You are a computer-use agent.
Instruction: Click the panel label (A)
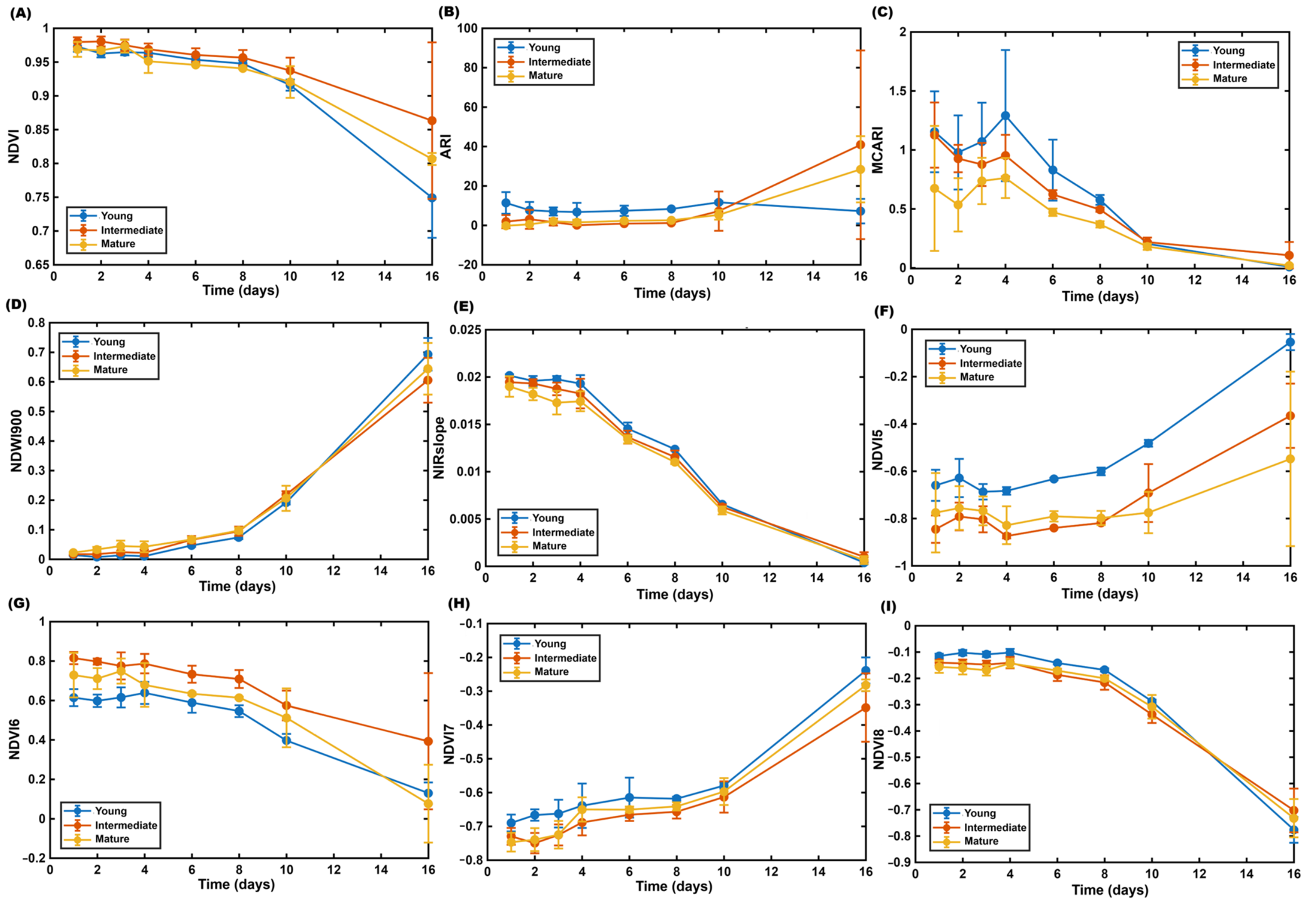click(x=20, y=13)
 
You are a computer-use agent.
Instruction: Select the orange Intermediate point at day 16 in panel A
click(x=431, y=120)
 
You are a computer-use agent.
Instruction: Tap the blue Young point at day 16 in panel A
click(x=431, y=198)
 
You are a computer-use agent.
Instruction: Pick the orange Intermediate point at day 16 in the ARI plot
click(x=860, y=145)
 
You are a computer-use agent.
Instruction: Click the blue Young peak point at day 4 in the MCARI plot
click(x=1005, y=115)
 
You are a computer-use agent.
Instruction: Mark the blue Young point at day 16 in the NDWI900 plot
click(x=428, y=355)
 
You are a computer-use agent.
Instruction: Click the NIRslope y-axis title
click(x=439, y=448)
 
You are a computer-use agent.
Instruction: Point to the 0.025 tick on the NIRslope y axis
click(x=465, y=330)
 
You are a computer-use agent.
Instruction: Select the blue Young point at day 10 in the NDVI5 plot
click(x=1148, y=443)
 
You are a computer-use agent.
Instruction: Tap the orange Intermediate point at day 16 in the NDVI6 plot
click(x=428, y=741)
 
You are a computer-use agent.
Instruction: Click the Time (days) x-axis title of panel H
click(x=674, y=886)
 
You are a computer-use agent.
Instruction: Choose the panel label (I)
click(x=888, y=606)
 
